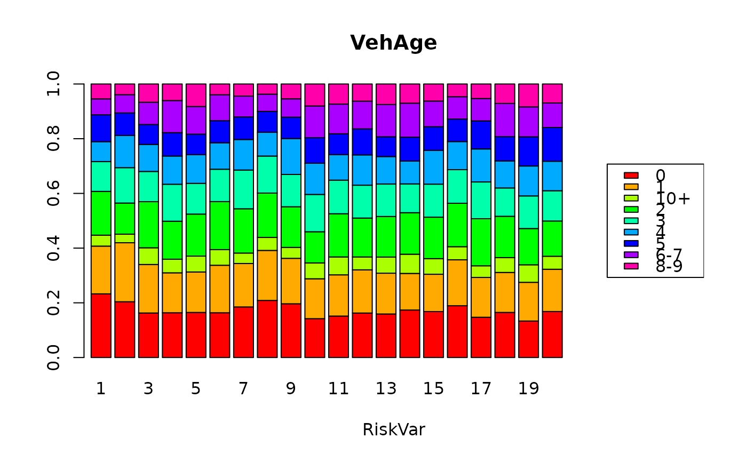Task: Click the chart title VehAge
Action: click(393, 43)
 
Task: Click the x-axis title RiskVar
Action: click(393, 430)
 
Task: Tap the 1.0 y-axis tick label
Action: click(54, 84)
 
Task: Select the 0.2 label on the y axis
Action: click(54, 303)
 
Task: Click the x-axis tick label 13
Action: click(386, 389)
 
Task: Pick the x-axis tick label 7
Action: click(243, 389)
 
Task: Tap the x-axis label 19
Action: click(528, 389)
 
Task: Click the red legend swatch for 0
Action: click(631, 175)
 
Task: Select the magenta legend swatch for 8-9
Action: click(631, 266)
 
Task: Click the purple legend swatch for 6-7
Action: click(631, 255)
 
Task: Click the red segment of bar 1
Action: click(101, 325)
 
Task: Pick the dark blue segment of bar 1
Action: click(101, 128)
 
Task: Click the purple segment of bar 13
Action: click(386, 121)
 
